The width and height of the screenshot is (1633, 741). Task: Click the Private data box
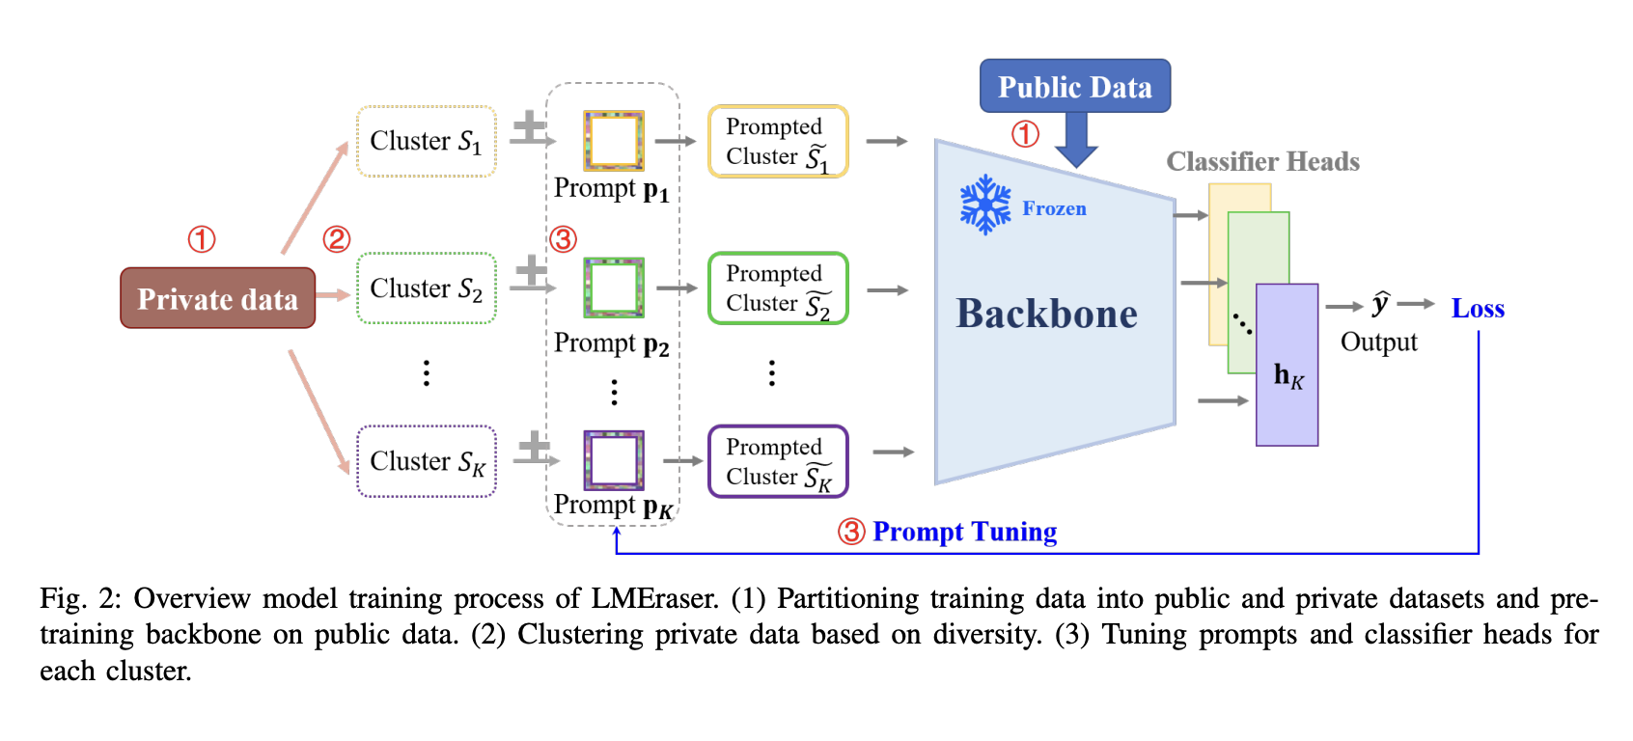click(217, 298)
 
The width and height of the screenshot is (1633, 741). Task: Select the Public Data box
click(1074, 87)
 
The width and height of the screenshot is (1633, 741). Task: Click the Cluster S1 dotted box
click(426, 141)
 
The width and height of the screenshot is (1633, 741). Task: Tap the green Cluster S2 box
click(426, 288)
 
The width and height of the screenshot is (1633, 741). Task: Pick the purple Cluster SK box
click(426, 461)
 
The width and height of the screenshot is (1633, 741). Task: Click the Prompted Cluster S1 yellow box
click(778, 141)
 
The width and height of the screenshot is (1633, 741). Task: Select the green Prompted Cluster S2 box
click(778, 288)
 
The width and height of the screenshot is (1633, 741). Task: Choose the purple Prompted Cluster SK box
click(778, 461)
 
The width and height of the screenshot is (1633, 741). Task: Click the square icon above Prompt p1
click(613, 140)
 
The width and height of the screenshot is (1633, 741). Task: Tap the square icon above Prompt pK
click(613, 460)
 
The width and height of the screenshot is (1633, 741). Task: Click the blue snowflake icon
click(984, 205)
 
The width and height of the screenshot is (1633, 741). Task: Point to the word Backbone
click(1046, 314)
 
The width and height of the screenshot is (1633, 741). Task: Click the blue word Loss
click(1477, 309)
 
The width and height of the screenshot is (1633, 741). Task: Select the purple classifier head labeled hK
click(1287, 365)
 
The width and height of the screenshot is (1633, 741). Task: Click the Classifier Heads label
click(1261, 161)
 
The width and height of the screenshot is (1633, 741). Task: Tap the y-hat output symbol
click(1380, 304)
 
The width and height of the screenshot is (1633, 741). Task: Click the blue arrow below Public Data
click(1075, 141)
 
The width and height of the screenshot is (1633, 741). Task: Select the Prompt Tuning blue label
click(964, 532)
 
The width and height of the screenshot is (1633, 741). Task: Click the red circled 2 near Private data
click(336, 239)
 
